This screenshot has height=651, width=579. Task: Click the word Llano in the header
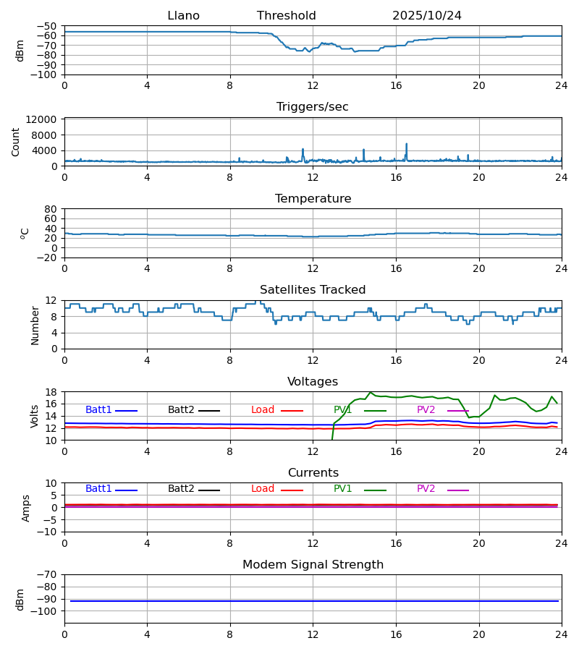click(183, 16)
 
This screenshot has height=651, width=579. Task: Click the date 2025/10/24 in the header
click(427, 16)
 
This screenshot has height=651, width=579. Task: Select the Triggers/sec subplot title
click(313, 107)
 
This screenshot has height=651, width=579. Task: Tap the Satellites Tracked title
click(313, 290)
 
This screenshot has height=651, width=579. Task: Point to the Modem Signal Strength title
click(313, 565)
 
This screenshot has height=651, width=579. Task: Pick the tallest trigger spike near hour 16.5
click(406, 144)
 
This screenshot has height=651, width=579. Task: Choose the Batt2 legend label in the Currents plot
click(181, 489)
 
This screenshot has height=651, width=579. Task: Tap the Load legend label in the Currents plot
click(263, 489)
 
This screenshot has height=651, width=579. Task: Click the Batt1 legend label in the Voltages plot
click(98, 410)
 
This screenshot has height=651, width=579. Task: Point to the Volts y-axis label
click(35, 416)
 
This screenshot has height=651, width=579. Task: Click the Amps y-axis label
click(27, 508)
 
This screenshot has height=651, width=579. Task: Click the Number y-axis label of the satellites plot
click(35, 325)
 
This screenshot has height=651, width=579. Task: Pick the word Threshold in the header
click(287, 16)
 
